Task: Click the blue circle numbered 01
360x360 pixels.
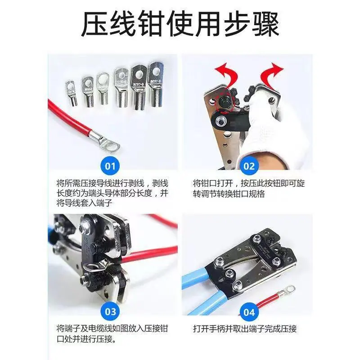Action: (110, 166)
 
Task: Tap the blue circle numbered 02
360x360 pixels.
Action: (249, 166)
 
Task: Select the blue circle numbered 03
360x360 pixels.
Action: (110, 311)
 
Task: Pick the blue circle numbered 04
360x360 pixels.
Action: (249, 312)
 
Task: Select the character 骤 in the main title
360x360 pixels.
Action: (265, 24)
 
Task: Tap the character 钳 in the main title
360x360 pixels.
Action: (152, 24)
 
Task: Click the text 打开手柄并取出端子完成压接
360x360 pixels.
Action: (245, 329)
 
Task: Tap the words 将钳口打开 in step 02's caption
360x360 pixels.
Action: (213, 184)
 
